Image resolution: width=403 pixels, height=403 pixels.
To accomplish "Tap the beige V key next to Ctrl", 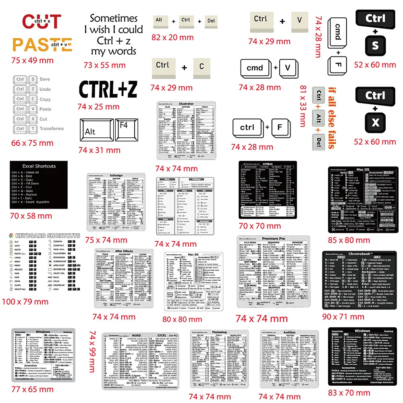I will coord(299,21).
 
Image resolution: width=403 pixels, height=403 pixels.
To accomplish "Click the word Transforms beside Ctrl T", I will coord(52,129).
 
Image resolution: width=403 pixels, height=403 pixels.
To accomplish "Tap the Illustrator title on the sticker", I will coord(186,104).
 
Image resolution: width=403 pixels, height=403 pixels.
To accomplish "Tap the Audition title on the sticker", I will coord(289,333).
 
